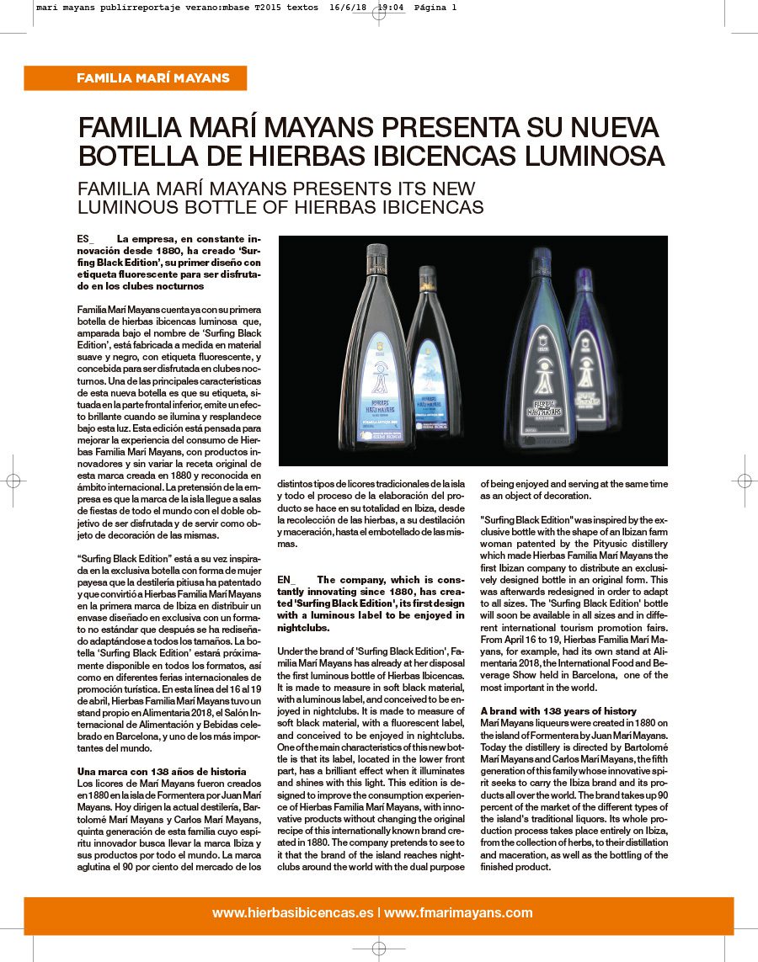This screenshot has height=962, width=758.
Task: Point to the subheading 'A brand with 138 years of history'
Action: pos(558,711)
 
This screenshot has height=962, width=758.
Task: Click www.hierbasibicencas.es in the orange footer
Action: pos(292,912)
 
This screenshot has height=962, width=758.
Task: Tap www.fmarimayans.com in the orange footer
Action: pos(458,912)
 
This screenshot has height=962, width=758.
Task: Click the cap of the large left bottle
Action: pos(376,255)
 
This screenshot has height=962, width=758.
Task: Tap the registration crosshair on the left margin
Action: pos(13,481)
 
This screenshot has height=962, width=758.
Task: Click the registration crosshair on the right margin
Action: pos(745,481)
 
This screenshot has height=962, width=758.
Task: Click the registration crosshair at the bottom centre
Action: pos(379,949)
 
